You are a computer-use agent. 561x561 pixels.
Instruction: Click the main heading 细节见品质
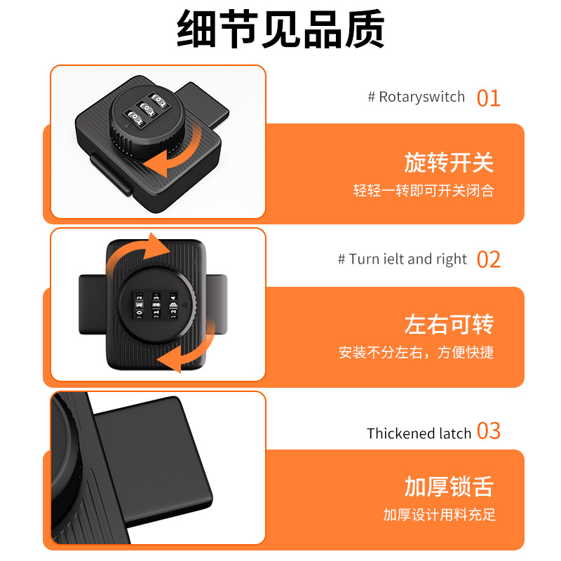click(280, 29)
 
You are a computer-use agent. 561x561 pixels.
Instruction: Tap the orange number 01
click(488, 97)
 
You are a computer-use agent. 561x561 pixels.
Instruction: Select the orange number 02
click(489, 259)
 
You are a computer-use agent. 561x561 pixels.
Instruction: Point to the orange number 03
click(489, 431)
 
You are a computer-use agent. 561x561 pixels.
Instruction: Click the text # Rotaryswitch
click(416, 97)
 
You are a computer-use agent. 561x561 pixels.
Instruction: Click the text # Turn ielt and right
click(402, 259)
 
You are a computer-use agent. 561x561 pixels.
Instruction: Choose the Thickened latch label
click(419, 433)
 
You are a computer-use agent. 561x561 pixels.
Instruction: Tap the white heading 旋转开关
click(449, 163)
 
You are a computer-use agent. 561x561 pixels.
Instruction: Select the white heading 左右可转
click(449, 324)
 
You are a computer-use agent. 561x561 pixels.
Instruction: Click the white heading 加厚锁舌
click(449, 486)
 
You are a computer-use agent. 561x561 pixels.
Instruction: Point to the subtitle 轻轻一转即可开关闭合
click(424, 191)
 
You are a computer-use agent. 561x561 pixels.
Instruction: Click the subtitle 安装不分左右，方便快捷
click(416, 353)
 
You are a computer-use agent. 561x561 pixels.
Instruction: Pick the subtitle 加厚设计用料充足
click(439, 515)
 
